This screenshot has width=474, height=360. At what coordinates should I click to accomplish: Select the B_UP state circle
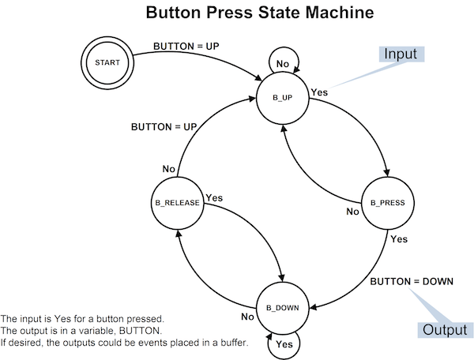283,98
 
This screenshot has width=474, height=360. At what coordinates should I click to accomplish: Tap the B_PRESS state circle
387,203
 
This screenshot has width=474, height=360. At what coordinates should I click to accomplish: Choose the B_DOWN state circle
283,308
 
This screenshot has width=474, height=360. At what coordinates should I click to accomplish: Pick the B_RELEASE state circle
177,203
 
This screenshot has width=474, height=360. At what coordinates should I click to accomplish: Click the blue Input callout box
401,54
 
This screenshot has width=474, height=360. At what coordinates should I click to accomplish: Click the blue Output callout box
444,329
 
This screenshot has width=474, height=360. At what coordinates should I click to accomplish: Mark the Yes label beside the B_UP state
319,92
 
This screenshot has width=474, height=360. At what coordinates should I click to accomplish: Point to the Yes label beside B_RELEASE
213,197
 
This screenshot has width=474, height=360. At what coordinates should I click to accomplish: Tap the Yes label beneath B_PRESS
399,238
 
